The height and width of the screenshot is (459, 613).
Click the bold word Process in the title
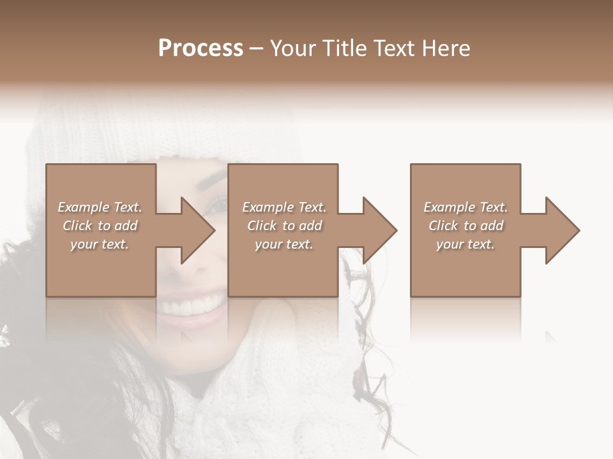pos(201,48)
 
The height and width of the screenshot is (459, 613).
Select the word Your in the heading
pos(291,48)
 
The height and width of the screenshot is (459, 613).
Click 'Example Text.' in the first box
pos(100,207)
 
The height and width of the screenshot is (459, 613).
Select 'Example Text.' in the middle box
pos(284,207)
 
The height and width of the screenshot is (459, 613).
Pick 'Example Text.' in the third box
pos(465,207)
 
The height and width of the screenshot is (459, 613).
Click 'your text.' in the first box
pos(100,244)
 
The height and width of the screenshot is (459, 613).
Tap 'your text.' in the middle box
pos(284,244)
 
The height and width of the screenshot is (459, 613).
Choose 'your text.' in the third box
pos(465,244)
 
